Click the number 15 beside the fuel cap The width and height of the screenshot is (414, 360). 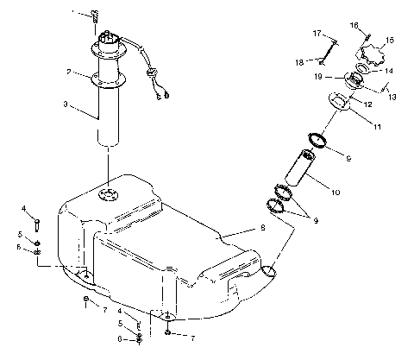click(x=389, y=39)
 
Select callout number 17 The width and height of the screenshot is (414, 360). click(x=317, y=34)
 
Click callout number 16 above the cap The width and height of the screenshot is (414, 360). click(x=354, y=26)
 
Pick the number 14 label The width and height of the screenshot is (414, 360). click(x=388, y=71)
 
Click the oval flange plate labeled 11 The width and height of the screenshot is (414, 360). click(x=342, y=101)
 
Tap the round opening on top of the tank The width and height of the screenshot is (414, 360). click(x=109, y=194)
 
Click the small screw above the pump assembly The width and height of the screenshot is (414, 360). click(x=95, y=16)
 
